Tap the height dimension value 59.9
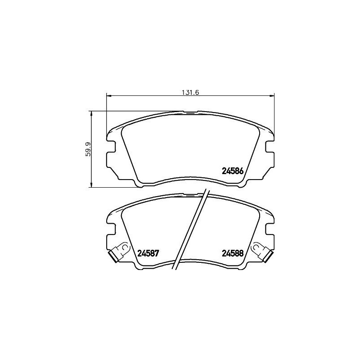click(x=89, y=149)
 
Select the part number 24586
click(x=233, y=171)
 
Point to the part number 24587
click(x=149, y=253)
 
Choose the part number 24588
click(x=233, y=253)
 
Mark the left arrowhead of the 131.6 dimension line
click(x=108, y=95)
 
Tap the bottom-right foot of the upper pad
click(x=241, y=184)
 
